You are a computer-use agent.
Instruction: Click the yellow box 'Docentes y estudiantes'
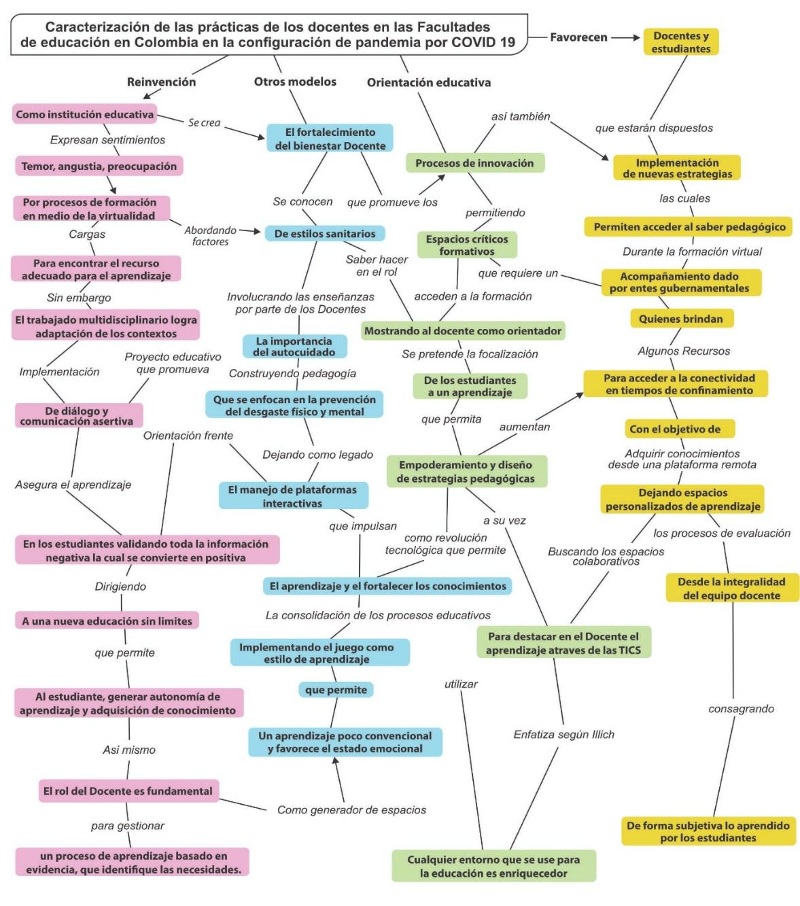tap(680, 42)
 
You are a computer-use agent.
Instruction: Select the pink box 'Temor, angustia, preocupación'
tap(99, 167)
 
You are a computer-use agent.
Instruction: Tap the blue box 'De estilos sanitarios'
tap(325, 234)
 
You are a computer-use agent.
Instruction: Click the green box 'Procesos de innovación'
tap(474, 163)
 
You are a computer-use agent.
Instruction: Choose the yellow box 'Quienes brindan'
tap(680, 319)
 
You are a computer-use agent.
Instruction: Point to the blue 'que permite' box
tap(336, 690)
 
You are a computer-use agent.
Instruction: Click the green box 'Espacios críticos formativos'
tap(467, 245)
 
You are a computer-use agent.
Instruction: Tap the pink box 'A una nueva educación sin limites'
tap(107, 621)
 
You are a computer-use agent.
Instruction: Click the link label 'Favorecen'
tap(578, 37)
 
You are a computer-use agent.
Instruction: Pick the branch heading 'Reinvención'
tap(161, 82)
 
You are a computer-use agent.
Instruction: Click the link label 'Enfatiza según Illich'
tap(563, 735)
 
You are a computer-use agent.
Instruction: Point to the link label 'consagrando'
tap(741, 709)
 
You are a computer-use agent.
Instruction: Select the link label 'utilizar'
tap(461, 684)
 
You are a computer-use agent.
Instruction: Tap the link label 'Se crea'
tap(204, 122)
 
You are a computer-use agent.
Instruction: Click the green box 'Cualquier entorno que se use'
tap(493, 867)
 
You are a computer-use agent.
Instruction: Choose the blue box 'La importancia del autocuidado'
tap(294, 347)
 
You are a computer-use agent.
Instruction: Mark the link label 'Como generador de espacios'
tap(351, 810)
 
